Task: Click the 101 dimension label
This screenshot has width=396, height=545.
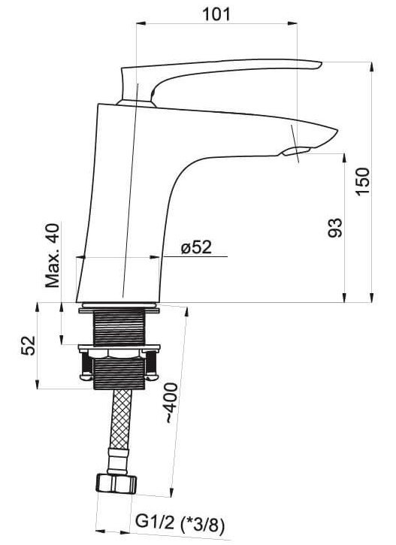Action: point(216,14)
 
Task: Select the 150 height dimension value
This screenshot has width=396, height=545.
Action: point(364,181)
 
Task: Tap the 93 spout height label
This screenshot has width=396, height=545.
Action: point(335,228)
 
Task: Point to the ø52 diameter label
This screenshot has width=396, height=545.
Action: point(196,247)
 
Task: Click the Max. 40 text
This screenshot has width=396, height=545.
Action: point(53,256)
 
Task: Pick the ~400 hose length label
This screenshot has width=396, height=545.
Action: point(171,403)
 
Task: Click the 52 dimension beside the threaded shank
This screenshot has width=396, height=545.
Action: point(29,345)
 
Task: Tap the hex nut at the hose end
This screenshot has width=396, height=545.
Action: point(116,483)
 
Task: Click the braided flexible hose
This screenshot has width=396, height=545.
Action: point(121,419)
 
